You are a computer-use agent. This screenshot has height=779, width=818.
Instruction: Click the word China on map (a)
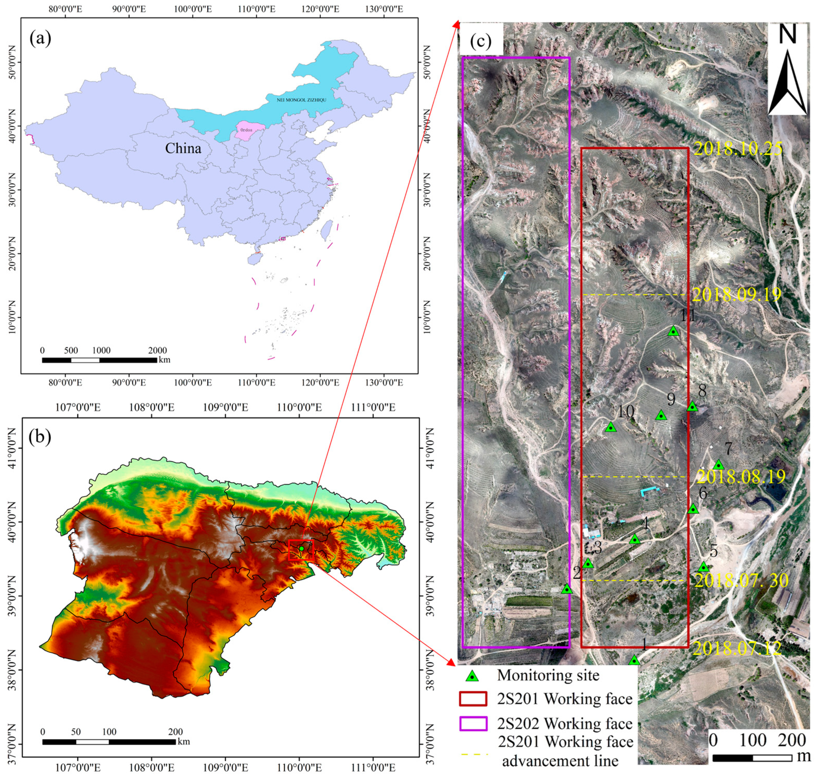click(x=183, y=148)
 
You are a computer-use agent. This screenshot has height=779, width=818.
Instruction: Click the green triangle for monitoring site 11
click(x=673, y=331)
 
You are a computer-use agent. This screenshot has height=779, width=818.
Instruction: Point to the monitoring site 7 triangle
click(x=718, y=465)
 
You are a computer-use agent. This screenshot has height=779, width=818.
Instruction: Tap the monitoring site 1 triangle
click(x=634, y=660)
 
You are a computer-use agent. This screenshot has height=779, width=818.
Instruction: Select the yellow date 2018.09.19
click(x=737, y=294)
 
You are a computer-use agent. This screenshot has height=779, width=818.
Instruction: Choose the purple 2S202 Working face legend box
click(x=473, y=723)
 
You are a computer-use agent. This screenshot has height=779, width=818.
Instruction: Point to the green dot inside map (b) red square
click(x=301, y=549)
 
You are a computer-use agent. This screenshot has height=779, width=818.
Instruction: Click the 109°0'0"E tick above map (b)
click(x=225, y=407)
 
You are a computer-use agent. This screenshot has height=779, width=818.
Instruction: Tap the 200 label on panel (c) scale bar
click(x=792, y=740)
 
